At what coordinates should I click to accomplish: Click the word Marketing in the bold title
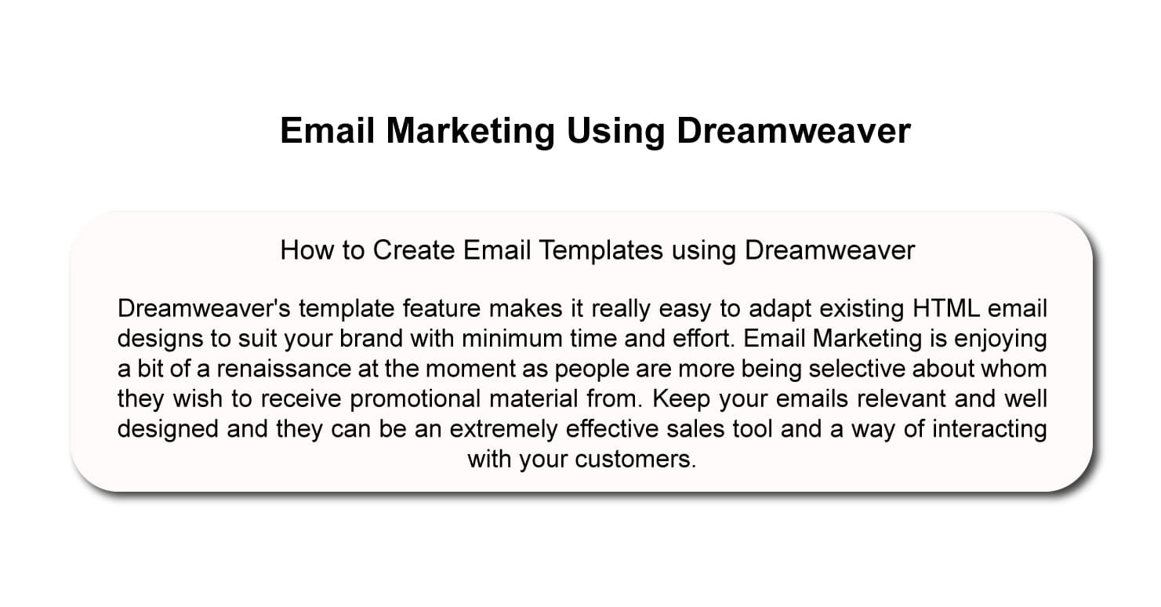(x=470, y=132)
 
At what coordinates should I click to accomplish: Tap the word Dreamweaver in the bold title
(x=793, y=131)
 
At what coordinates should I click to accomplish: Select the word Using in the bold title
(x=615, y=132)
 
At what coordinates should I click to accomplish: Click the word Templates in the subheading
(x=600, y=251)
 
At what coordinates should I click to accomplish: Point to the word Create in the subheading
(x=414, y=250)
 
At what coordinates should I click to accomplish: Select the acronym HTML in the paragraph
(x=946, y=308)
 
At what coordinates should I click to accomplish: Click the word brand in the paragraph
(x=371, y=339)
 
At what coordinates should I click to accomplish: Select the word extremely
(x=503, y=430)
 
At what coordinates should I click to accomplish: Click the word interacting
(x=990, y=430)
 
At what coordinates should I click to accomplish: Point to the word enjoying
(x=1001, y=339)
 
